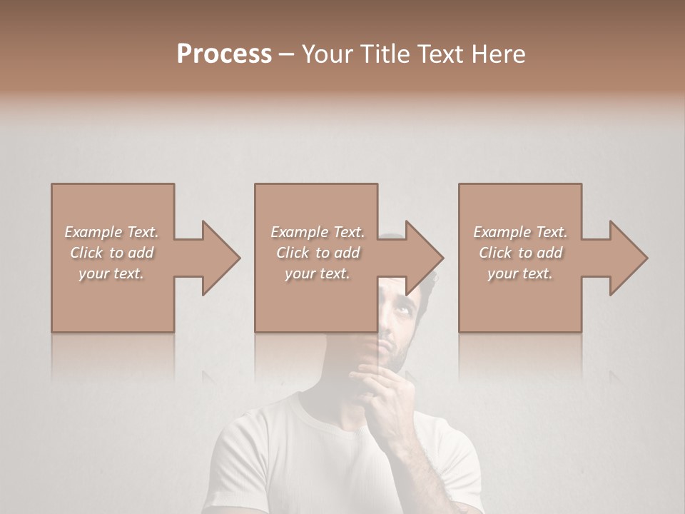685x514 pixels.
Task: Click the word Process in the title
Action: [x=224, y=54]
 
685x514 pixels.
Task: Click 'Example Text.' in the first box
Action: [x=112, y=232]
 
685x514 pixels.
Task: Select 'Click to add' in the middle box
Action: [x=318, y=253]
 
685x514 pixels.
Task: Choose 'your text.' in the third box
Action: [x=520, y=273]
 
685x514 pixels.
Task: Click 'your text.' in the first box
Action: [x=112, y=273]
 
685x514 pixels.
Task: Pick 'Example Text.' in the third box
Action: [x=520, y=232]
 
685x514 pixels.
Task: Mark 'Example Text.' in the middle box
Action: [x=318, y=232]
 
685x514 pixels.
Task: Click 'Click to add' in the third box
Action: [x=520, y=253]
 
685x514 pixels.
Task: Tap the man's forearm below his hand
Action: [x=414, y=457]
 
